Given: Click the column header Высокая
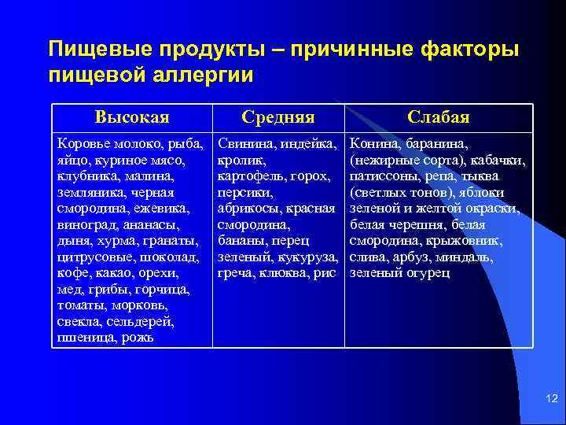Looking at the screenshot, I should point(131,117).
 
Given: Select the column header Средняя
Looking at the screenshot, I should point(278,117).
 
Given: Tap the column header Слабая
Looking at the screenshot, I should point(439,117).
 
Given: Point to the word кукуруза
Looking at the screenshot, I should point(310,257).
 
